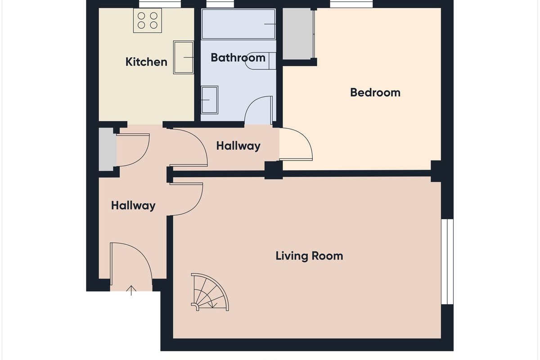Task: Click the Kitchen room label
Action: click(x=146, y=62)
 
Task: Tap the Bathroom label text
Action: click(x=238, y=58)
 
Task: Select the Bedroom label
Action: click(x=375, y=93)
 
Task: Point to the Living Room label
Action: click(x=309, y=256)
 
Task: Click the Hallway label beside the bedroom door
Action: click(x=238, y=146)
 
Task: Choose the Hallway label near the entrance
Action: click(x=133, y=206)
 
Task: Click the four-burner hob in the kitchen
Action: click(x=147, y=21)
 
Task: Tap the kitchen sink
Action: click(x=184, y=58)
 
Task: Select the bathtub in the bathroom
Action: click(x=238, y=24)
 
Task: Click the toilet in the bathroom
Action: click(x=261, y=61)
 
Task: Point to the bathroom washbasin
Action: click(x=210, y=100)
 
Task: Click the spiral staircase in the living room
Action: click(x=210, y=292)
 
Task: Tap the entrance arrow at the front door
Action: click(x=131, y=291)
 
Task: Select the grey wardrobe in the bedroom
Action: click(x=298, y=33)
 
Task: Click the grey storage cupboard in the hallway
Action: click(x=108, y=149)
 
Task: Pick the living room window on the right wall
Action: click(x=447, y=261)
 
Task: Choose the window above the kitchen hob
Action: click(x=160, y=4)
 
